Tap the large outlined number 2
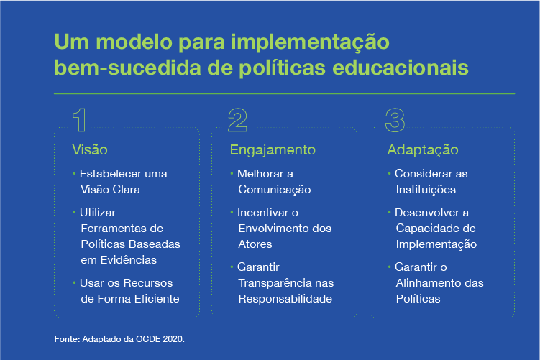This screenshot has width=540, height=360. point(237,120)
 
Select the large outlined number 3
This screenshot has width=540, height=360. point(395,120)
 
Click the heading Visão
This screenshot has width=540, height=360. point(90,149)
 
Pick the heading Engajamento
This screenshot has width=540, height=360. point(273,150)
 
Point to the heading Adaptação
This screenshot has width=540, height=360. point(423,150)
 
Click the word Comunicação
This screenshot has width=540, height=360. point(275,190)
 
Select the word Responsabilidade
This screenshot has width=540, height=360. point(285,299)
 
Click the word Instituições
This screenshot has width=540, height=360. point(426,190)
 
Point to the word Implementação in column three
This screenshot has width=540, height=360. point(436,245)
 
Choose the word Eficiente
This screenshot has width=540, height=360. point(157,299)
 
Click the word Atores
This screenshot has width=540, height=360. point(255,244)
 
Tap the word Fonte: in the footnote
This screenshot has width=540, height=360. point(67,339)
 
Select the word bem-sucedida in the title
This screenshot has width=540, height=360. point(127,68)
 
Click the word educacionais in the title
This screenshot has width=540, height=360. point(401,68)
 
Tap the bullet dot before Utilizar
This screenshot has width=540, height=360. point(74,213)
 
